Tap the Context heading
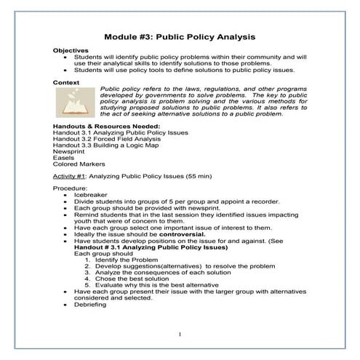click(66, 83)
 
